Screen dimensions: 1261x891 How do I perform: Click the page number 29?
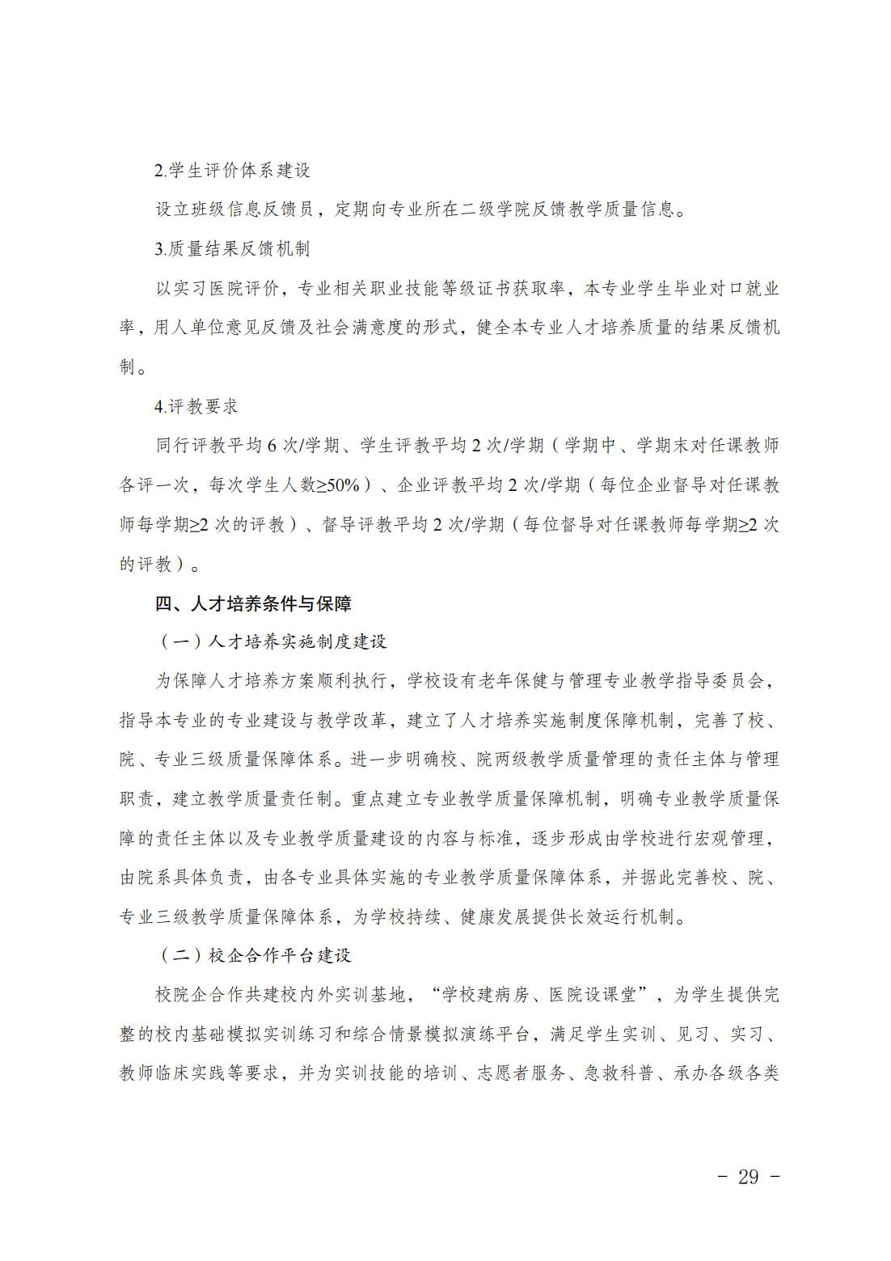tap(748, 1177)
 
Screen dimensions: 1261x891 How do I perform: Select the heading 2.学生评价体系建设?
tap(232, 171)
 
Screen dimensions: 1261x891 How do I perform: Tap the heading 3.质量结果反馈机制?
tap(232, 249)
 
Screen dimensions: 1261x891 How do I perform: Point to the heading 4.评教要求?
tap(196, 407)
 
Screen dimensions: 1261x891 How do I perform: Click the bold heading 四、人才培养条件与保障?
tap(253, 604)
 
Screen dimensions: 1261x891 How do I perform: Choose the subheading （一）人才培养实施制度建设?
tap(273, 642)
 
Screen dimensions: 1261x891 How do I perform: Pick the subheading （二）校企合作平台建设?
tap(255, 956)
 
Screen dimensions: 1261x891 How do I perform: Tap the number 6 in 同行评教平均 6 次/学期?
tap(272, 446)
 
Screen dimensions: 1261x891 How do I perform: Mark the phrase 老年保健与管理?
tap(541, 681)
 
